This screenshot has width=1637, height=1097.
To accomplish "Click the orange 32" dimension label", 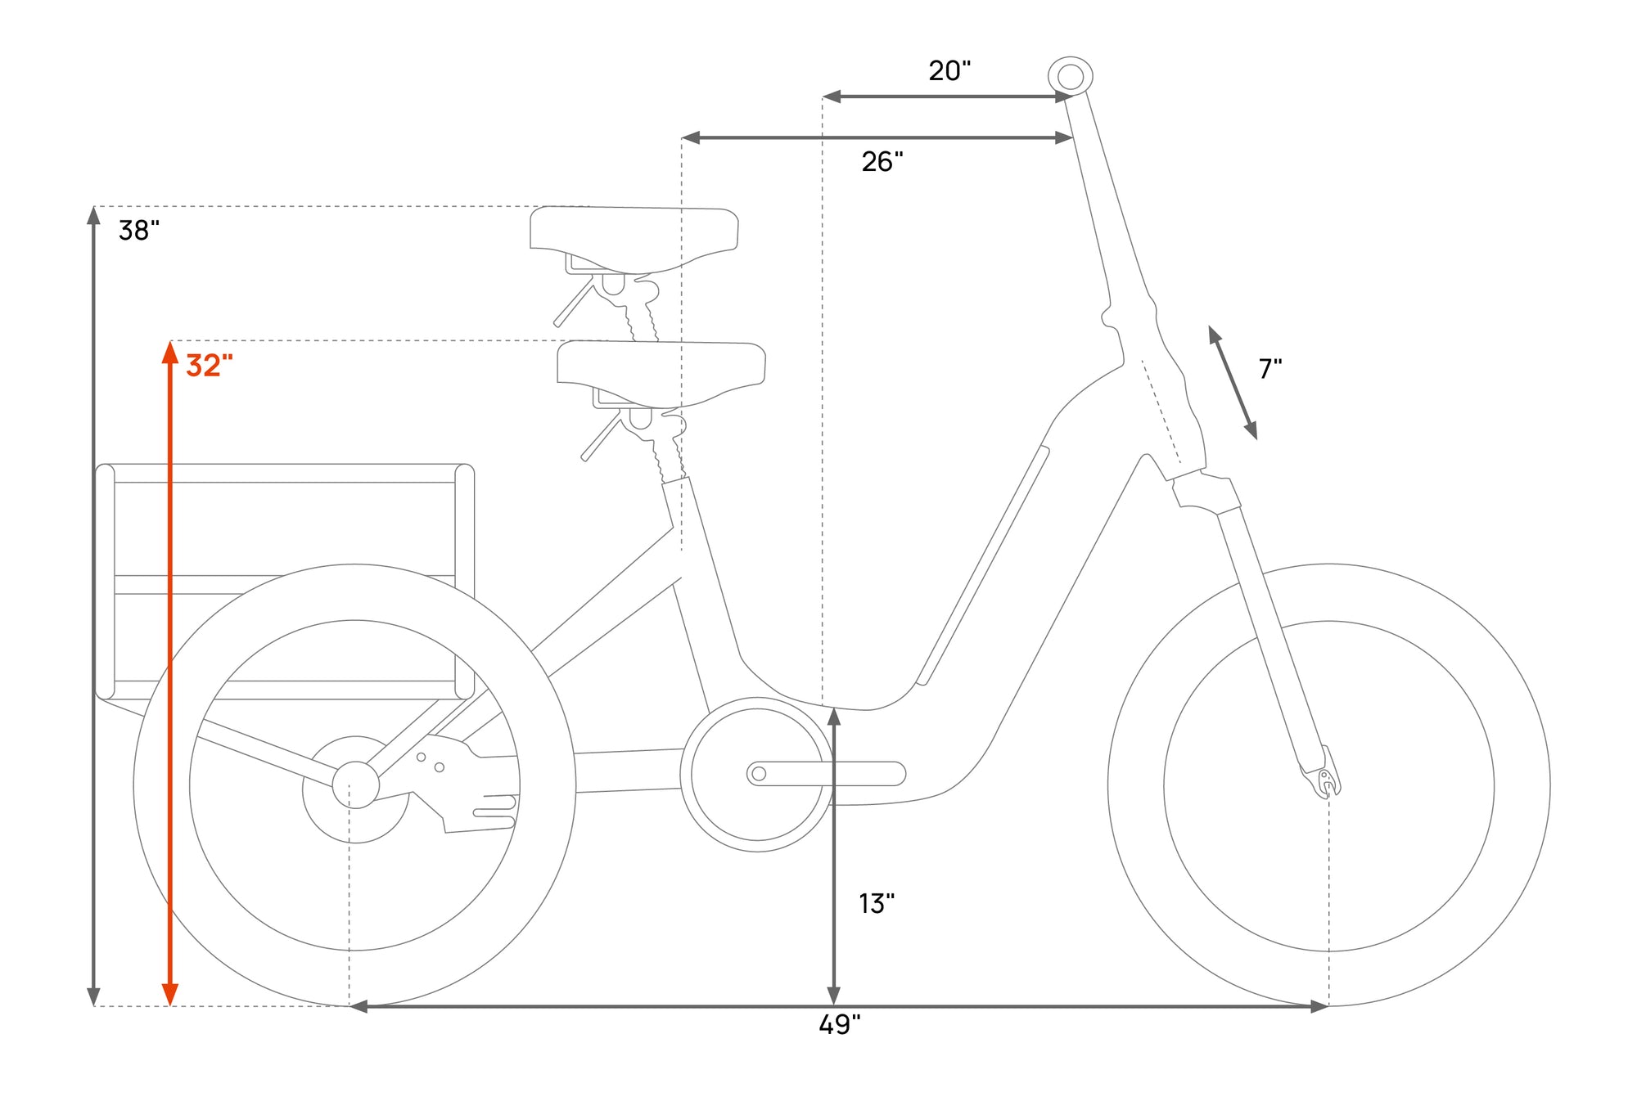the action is [x=210, y=365].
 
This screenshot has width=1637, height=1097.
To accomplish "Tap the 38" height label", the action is [x=139, y=230].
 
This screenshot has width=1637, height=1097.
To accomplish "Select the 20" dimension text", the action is [x=949, y=70].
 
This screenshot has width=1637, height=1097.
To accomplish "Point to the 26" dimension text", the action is [x=882, y=161].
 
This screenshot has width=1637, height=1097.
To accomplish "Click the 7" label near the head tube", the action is [x=1270, y=368].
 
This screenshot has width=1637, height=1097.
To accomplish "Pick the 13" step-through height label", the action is [x=877, y=903].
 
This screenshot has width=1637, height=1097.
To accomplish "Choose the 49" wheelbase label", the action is [x=840, y=1024].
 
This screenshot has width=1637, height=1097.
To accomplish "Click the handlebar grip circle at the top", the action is [x=1071, y=77].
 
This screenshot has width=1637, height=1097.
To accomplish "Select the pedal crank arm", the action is [x=826, y=773].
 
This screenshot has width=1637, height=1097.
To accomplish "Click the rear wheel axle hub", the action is [x=355, y=785].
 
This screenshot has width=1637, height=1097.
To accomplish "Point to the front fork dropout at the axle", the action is [x=1324, y=776].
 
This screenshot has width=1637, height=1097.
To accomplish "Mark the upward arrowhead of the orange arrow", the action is [x=170, y=353].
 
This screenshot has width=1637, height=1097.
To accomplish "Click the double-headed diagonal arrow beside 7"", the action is [x=1233, y=383].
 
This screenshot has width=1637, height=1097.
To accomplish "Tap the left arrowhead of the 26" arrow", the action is [x=691, y=137].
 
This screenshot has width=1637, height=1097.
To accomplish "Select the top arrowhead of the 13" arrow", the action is [x=834, y=717].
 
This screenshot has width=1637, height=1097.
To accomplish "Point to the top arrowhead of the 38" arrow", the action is [x=93, y=216].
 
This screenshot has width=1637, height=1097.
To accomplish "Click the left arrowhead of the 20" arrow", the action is [x=832, y=97].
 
